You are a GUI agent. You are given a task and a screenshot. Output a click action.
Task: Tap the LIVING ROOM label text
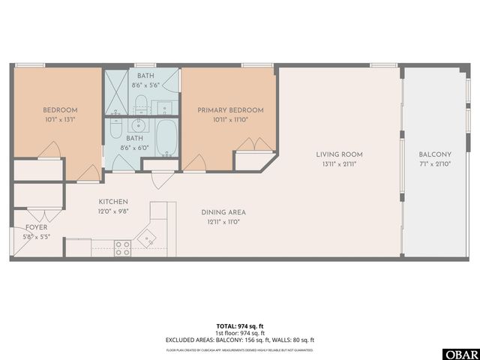click(x=338, y=154)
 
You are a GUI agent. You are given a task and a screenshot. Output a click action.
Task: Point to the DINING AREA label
click(x=223, y=212)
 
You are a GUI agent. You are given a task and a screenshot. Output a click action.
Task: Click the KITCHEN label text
click(x=113, y=202)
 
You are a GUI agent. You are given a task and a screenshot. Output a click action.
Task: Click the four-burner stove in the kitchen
click(x=122, y=248)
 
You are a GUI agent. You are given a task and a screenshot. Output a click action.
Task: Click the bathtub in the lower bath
click(x=166, y=139)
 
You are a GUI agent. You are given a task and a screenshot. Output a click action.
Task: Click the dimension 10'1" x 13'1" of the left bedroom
click(x=55, y=118)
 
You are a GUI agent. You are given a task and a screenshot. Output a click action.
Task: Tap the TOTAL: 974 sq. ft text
click(x=240, y=326)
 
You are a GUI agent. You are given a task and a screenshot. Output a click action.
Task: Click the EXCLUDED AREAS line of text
click(x=240, y=339)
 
